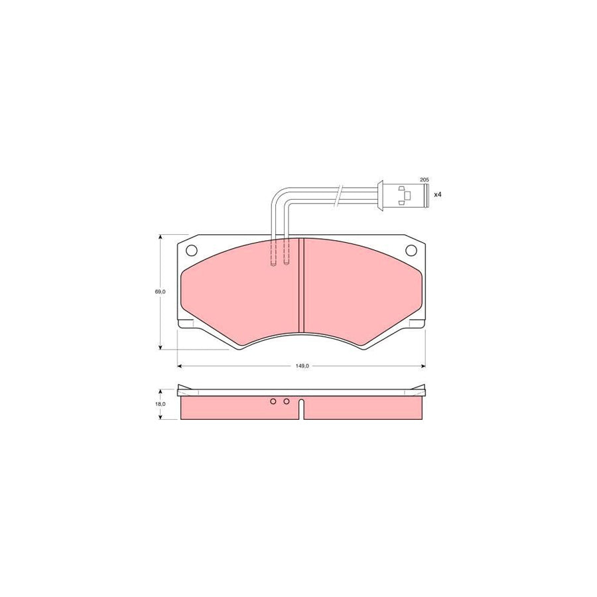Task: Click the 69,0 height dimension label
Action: click(x=160, y=291)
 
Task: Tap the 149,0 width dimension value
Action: click(x=302, y=365)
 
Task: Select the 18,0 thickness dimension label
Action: click(x=160, y=403)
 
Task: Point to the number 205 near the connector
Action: click(x=425, y=180)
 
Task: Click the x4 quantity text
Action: click(x=437, y=194)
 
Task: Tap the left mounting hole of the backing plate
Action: click(x=192, y=251)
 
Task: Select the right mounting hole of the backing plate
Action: click(x=411, y=251)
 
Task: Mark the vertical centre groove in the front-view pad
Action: click(x=301, y=285)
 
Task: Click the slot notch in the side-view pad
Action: click(x=301, y=410)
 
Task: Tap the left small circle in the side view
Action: click(x=273, y=401)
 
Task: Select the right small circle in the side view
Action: click(x=287, y=401)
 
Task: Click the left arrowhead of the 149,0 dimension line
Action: click(x=180, y=365)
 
